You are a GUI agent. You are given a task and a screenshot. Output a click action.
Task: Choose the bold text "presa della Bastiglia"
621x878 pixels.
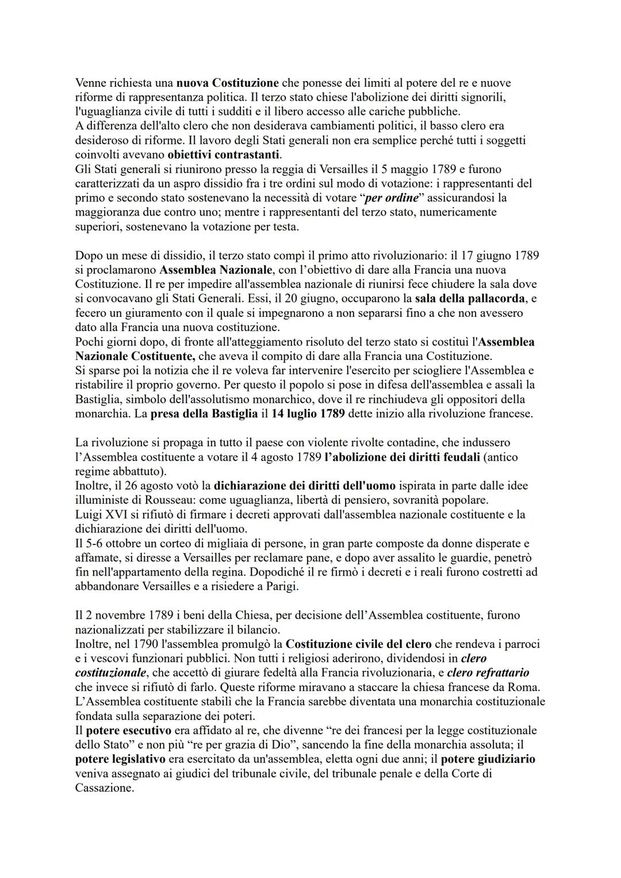(x=204, y=414)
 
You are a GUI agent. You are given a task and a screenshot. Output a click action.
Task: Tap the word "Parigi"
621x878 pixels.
(x=279, y=586)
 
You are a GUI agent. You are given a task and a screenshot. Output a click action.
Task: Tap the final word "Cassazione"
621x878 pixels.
(x=104, y=788)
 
